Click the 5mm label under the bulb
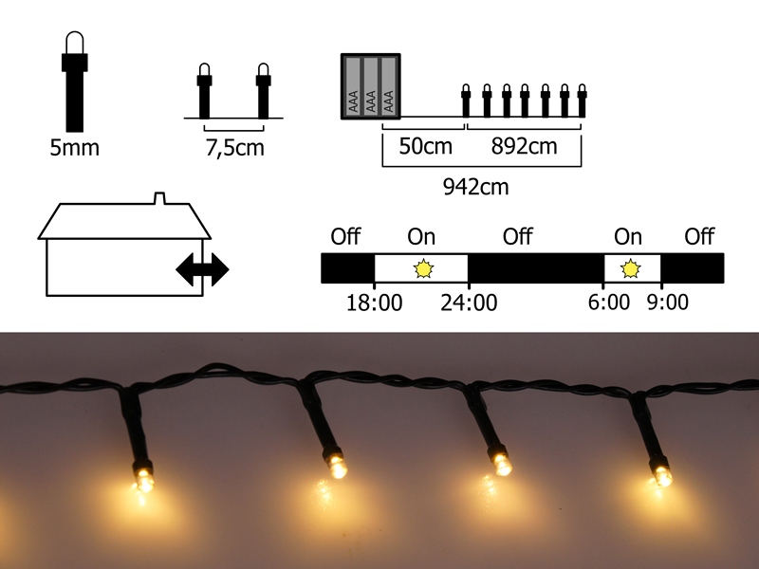click(75, 148)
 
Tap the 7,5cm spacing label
click(234, 148)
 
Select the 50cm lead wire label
click(425, 146)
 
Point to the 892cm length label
click(524, 146)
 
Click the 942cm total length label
click(476, 186)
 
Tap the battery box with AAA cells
click(371, 86)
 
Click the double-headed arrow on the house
click(202, 269)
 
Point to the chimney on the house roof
click(159, 198)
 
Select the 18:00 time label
click(374, 303)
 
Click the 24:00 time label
click(469, 303)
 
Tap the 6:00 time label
click(609, 302)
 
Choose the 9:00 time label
click(668, 302)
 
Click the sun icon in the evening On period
click(424, 268)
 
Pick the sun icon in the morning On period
click(630, 268)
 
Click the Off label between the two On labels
click(517, 236)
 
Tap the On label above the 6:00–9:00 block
click(628, 236)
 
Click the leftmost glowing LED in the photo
click(143, 477)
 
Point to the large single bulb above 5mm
click(75, 82)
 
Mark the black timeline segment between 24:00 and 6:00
click(536, 268)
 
